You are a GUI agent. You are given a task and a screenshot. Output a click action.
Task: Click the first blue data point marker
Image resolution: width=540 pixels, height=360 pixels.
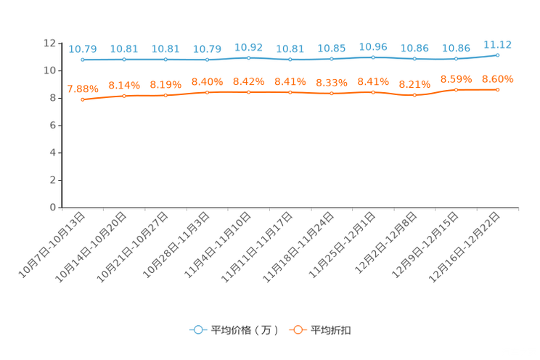pos(82,60)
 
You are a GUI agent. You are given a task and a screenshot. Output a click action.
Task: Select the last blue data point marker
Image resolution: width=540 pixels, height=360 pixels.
pos(497,54)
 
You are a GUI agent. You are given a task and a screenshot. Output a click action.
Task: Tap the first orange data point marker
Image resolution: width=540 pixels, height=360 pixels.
pos(82,100)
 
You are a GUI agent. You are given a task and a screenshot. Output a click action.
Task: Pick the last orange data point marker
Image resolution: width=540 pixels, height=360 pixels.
pos(497,89)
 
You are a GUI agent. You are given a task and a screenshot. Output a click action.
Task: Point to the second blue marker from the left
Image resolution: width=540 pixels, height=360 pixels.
pos(123,60)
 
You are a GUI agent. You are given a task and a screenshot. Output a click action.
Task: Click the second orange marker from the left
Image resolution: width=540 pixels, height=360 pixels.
pos(123,96)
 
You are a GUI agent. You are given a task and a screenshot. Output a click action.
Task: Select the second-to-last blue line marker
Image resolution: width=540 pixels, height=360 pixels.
pos(456,59)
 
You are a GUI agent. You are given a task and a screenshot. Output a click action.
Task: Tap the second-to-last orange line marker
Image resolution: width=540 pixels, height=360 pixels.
pos(456,89)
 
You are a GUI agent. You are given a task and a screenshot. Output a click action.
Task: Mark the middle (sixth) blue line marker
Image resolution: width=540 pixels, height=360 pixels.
pos(290,60)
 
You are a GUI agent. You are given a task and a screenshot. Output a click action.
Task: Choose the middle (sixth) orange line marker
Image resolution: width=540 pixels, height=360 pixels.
pos(290,92)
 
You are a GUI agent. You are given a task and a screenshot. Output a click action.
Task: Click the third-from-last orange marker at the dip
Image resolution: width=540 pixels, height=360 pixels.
pos(414,95)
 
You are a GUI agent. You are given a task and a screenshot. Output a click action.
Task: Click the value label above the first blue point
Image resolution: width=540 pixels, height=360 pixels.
pos(82,49)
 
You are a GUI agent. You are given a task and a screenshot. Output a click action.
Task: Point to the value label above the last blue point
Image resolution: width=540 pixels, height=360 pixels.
pos(497,44)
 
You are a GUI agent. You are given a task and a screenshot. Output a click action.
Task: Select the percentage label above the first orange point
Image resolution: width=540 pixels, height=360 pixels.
pos(82,89)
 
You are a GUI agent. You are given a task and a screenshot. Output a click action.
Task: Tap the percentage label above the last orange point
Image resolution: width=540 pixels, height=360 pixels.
pos(497,78)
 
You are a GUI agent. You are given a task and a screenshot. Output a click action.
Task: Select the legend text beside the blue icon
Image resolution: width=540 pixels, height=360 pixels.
pos(245,330)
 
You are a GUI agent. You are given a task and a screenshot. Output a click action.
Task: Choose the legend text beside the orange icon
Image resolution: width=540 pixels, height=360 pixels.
pos(332,330)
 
